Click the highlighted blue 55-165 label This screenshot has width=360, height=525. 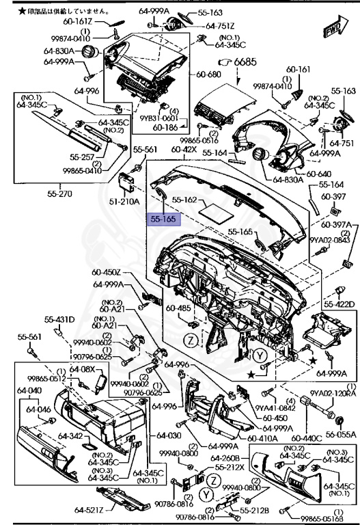[x=163, y=220]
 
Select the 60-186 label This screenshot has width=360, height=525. [x=165, y=127]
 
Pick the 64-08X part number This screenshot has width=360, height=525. [x=83, y=369]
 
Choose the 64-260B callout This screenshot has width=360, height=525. [x=224, y=458]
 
